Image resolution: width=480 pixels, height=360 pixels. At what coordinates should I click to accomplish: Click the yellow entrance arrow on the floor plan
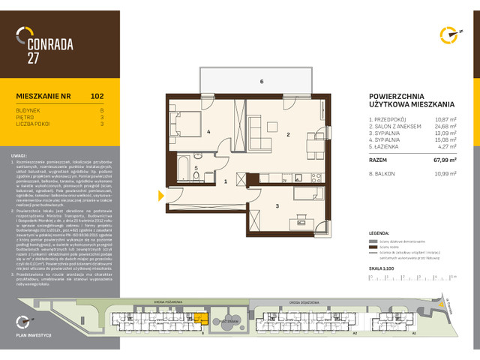[x=161, y=196]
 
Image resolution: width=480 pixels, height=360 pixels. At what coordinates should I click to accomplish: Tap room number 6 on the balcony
[x=262, y=81]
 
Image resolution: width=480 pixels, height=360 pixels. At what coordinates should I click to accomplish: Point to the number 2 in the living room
[x=287, y=135]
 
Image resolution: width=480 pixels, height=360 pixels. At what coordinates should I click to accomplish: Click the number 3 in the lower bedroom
[x=277, y=205]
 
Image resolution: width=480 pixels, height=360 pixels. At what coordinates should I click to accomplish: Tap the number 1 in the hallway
[x=226, y=181]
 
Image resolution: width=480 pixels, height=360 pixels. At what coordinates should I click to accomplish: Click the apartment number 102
[x=97, y=96]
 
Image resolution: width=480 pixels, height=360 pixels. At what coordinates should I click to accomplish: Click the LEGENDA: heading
[x=380, y=233]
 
